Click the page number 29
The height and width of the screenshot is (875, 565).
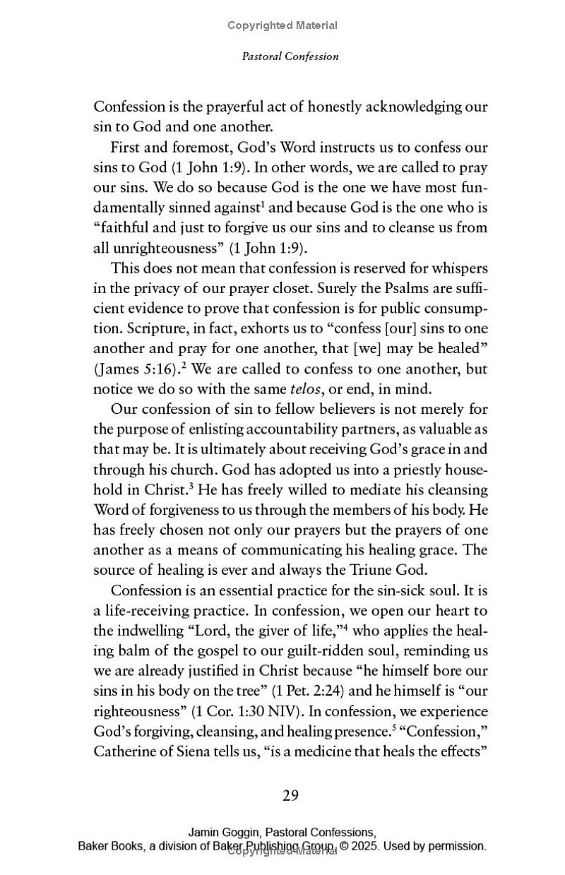tap(291, 796)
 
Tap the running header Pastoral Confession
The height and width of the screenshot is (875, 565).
tap(290, 56)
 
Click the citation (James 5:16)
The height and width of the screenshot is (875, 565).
tap(133, 369)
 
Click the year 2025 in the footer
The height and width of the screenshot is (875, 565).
tap(364, 845)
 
